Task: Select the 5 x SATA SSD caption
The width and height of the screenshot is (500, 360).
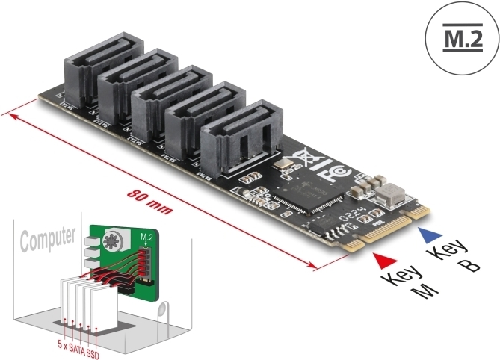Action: click(x=78, y=345)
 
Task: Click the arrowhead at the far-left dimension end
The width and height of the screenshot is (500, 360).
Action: click(x=7, y=114)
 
